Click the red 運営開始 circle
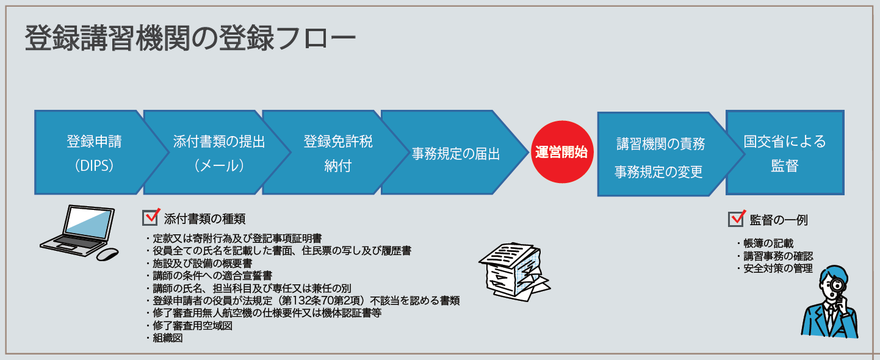click(x=561, y=153)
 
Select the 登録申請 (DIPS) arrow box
click(x=94, y=153)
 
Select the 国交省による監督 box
click(x=784, y=153)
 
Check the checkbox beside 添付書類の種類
click(x=150, y=218)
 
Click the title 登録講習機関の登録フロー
click(x=189, y=39)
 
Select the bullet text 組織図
click(x=168, y=338)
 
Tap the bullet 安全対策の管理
click(x=777, y=268)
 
